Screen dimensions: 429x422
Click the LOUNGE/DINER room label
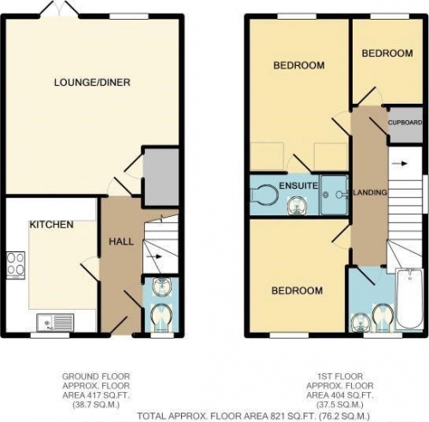92,82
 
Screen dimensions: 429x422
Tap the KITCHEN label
51,225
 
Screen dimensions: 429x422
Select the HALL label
121,242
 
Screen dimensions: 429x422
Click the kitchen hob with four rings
15,265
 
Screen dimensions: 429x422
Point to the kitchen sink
55,323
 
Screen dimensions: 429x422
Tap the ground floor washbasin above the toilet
162,287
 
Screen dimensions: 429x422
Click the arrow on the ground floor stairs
154,256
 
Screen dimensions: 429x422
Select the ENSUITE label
299,185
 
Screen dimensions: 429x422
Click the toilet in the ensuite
263,196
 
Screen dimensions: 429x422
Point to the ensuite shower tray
334,195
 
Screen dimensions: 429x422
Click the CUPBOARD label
405,123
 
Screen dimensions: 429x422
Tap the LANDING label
370,192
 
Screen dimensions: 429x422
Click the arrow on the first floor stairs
400,164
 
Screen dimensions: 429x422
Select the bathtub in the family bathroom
409,299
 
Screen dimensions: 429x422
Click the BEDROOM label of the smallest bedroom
387,53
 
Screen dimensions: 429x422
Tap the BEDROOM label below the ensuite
297,291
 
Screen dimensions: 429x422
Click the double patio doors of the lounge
59,8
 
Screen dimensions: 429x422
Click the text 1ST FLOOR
340,376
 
